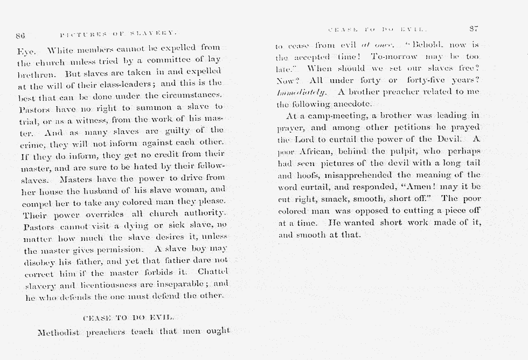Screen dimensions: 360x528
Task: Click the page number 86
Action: tap(20, 36)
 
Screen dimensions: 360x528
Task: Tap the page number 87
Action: tap(474, 29)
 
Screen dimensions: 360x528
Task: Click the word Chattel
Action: tap(213, 271)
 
